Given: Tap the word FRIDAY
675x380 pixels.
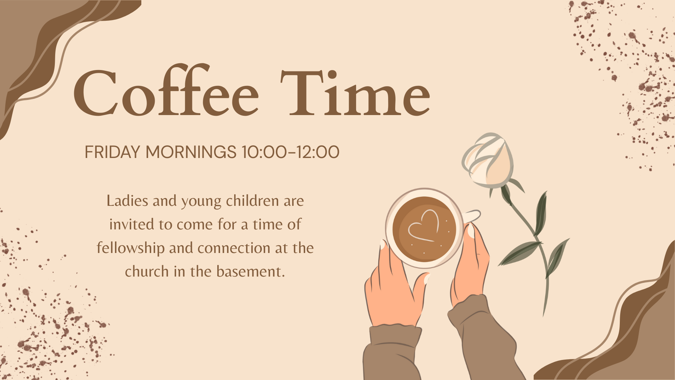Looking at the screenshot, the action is [x=112, y=152].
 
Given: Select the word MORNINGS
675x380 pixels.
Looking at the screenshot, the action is [x=191, y=152].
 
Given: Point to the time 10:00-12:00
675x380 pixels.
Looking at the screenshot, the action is [x=290, y=152].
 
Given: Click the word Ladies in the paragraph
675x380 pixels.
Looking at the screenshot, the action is [x=127, y=201].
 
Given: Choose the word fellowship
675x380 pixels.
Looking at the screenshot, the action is [x=131, y=248].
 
